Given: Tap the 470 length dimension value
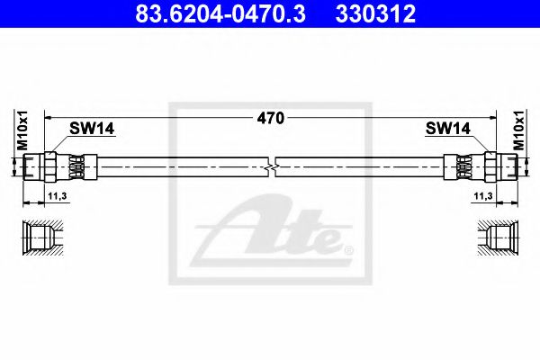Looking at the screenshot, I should (x=271, y=117).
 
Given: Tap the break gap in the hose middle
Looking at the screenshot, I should (x=272, y=166).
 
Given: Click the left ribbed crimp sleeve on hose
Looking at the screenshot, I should (x=79, y=166).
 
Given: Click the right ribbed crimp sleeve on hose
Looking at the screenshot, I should (x=462, y=166).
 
